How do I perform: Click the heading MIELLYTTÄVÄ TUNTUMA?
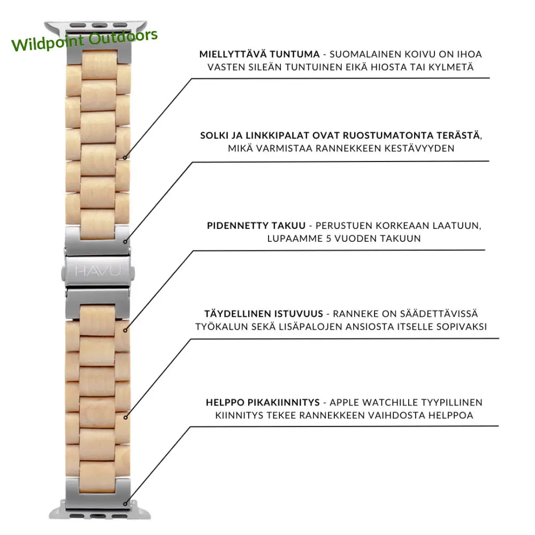click(259, 54)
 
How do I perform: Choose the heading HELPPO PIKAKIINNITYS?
click(263, 402)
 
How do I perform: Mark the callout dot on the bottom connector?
click(125, 503)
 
